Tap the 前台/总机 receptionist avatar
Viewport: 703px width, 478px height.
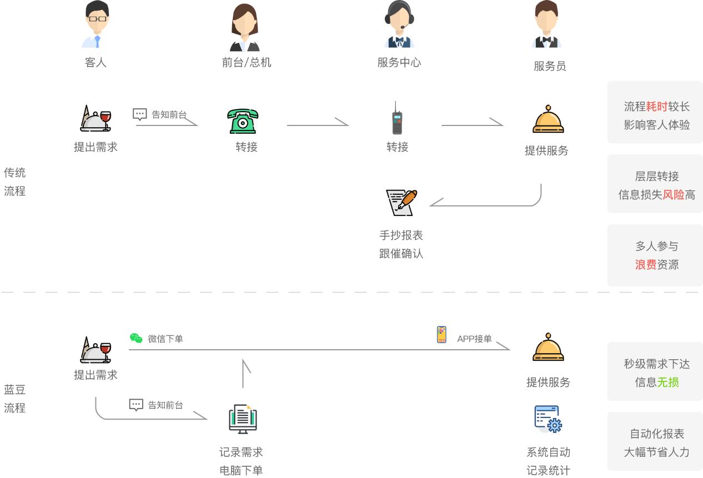click(244, 27)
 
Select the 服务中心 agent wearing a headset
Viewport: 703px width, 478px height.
click(399, 24)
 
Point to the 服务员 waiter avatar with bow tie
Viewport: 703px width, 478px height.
click(546, 24)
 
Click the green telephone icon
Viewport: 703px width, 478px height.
click(243, 121)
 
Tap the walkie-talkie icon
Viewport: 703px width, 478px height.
click(396, 118)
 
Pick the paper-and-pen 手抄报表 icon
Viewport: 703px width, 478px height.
click(401, 202)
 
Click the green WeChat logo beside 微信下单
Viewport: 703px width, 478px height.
click(136, 338)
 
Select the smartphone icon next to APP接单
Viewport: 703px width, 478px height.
click(441, 335)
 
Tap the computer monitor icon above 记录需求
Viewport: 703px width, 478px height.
click(243, 419)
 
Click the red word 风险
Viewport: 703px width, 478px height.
click(673, 195)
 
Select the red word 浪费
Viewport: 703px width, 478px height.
click(646, 265)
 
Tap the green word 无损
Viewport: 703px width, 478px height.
click(667, 383)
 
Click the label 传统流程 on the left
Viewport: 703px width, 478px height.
click(15, 182)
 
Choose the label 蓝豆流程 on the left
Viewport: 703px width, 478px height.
click(15, 399)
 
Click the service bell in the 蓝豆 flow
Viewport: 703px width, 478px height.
click(548, 348)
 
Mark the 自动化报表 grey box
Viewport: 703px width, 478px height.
click(655, 442)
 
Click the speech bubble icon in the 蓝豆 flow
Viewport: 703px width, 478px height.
click(136, 405)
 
